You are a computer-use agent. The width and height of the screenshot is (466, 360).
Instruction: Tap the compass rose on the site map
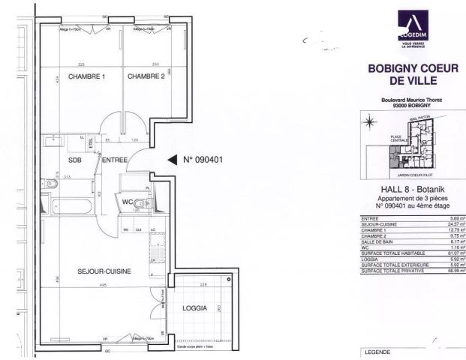369,120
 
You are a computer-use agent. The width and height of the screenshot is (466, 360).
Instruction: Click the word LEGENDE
377,352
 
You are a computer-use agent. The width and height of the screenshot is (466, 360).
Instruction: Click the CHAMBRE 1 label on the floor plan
86,76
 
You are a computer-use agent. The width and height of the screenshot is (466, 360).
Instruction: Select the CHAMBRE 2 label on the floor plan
146,76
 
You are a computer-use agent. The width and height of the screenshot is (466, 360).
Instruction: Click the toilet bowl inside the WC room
146,203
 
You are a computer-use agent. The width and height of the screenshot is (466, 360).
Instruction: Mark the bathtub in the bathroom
68,204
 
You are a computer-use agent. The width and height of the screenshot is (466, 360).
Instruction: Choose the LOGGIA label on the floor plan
194,308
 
